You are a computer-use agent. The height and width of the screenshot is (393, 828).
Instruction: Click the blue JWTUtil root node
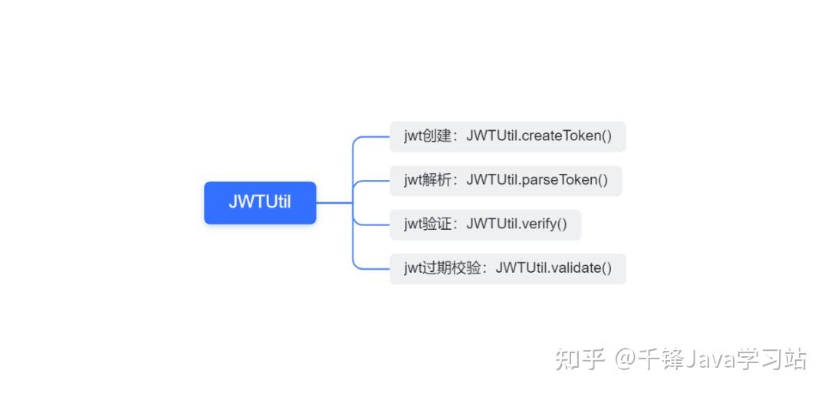coord(260,203)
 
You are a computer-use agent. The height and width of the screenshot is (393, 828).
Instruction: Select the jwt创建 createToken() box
coord(508,136)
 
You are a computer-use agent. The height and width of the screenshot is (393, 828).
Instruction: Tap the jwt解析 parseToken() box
coord(505,181)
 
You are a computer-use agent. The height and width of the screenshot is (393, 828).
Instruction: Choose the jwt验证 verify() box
coord(485,224)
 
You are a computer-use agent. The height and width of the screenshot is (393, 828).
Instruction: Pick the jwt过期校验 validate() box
coord(508,269)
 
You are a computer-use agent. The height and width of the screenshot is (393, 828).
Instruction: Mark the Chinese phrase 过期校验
coord(452,269)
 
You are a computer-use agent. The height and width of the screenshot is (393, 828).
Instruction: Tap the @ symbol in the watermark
coord(626,359)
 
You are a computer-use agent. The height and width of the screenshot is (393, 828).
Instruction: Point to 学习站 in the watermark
coord(772,359)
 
